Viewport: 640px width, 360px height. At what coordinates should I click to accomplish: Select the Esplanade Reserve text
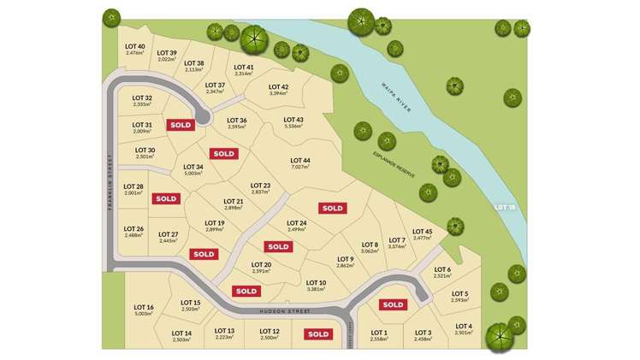click(394, 161)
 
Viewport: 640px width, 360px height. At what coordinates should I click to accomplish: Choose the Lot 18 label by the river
click(506, 208)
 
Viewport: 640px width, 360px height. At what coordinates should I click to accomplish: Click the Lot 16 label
click(144, 308)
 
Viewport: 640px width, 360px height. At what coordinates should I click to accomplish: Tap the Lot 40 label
click(135, 46)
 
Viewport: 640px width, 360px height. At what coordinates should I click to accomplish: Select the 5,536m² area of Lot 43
click(293, 127)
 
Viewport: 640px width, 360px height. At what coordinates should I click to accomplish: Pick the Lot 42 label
click(278, 86)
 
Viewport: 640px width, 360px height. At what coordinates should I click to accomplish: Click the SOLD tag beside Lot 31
click(181, 125)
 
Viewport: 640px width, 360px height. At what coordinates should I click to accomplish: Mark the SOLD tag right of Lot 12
click(318, 334)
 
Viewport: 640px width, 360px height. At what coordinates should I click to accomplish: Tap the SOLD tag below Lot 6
click(393, 304)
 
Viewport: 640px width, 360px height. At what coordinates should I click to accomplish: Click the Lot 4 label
click(464, 326)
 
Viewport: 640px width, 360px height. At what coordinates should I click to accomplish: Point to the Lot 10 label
click(316, 283)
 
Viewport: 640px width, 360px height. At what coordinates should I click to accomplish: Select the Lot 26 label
click(133, 228)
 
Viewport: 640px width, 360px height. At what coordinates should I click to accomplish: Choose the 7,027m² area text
click(299, 168)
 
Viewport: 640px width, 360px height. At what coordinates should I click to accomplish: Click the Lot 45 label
click(423, 231)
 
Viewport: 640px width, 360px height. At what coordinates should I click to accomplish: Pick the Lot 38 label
click(194, 63)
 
